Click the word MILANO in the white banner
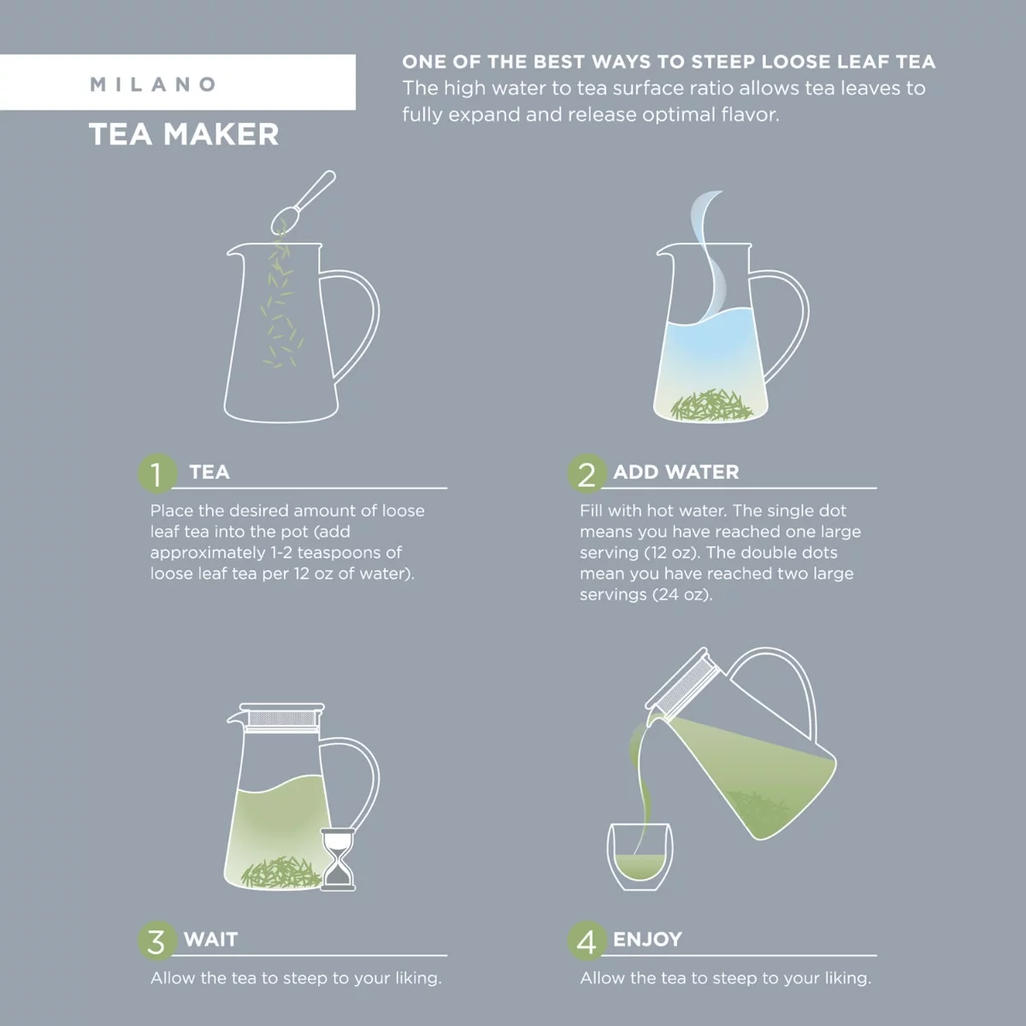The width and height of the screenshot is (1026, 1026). [x=154, y=85]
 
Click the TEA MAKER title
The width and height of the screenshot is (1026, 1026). [x=184, y=134]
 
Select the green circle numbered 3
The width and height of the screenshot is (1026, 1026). [x=156, y=940]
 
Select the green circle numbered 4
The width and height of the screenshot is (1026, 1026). [x=587, y=940]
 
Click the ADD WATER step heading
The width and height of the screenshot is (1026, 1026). [x=675, y=472]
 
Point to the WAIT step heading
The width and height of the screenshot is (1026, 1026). [x=210, y=939]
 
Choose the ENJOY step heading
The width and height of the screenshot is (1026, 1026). [x=647, y=939]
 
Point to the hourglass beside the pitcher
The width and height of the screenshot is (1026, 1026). [x=337, y=858]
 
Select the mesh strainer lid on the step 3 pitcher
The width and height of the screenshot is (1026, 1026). [x=282, y=717]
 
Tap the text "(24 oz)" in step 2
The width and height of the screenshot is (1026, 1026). [x=681, y=594]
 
